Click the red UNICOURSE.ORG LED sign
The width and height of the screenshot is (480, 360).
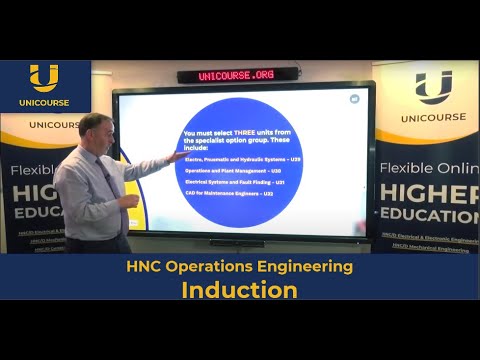point(238,75)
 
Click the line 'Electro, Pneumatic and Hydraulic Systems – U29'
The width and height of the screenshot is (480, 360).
point(242,159)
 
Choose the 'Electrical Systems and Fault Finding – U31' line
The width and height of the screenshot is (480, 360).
point(236,182)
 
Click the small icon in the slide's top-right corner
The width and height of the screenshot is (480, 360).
point(354,99)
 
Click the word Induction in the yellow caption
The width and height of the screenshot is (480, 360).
point(239,290)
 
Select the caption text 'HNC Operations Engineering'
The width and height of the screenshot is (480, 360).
point(239,267)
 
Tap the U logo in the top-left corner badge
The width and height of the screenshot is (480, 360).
point(44,78)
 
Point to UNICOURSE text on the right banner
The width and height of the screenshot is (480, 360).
point(433,117)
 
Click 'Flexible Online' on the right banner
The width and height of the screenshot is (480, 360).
point(429,167)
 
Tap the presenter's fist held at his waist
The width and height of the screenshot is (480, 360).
point(126,200)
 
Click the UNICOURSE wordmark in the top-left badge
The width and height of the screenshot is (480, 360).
point(44,101)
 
